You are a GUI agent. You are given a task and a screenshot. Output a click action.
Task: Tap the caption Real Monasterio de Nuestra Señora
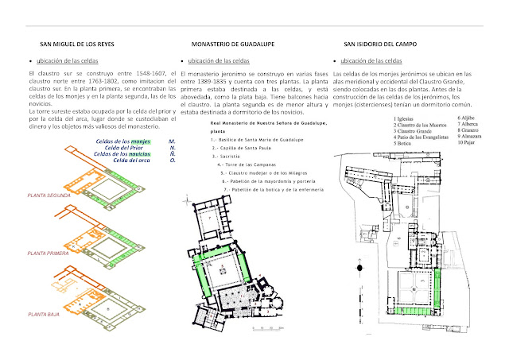click(x=254, y=124)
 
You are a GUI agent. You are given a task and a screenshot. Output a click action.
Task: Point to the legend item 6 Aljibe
click(x=468, y=118)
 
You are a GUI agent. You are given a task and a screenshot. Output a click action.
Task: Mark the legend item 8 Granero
click(x=470, y=131)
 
